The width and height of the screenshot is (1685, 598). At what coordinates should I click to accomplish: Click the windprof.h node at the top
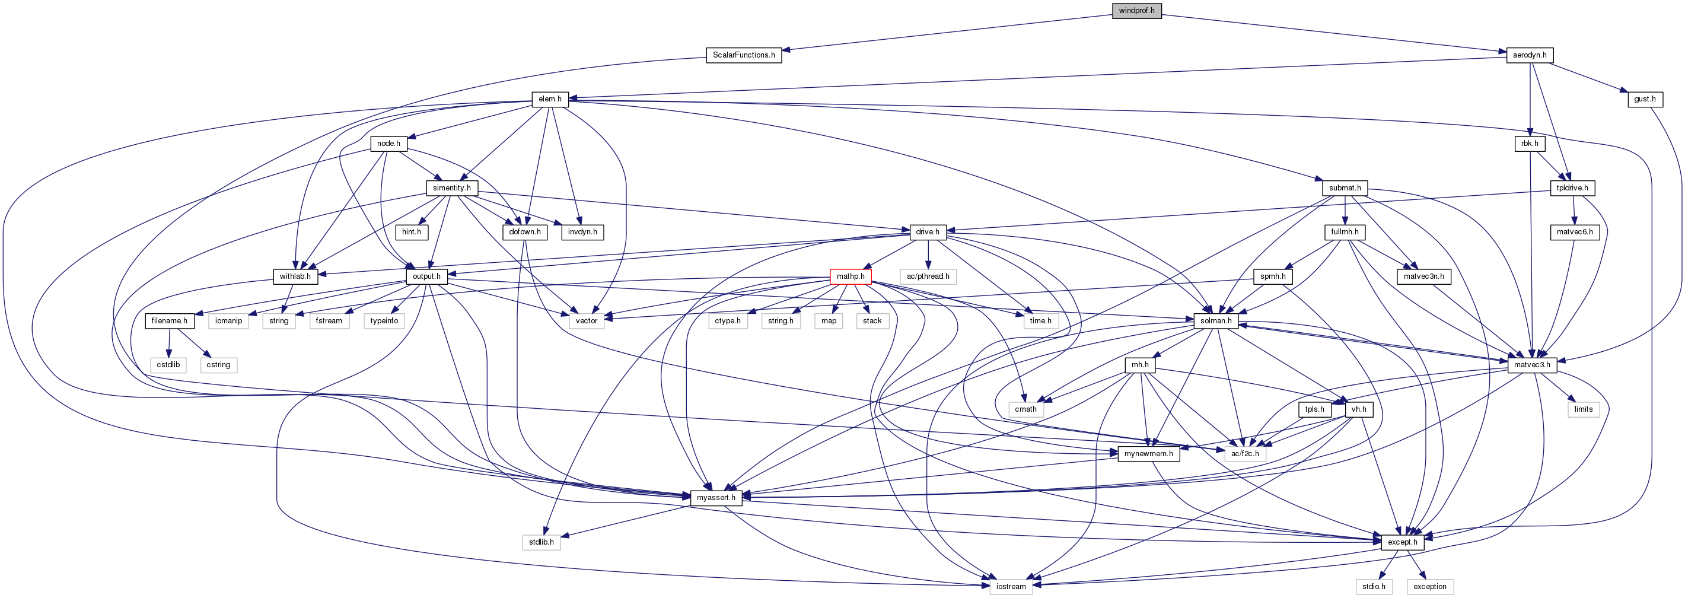coord(1136,11)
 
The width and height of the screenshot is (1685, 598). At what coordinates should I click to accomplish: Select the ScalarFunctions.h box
coord(744,55)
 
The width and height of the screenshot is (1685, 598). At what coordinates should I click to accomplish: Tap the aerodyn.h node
coord(1530,55)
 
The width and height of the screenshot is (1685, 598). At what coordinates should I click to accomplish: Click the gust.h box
coord(1645,100)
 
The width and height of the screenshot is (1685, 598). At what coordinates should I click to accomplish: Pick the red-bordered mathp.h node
coord(851,276)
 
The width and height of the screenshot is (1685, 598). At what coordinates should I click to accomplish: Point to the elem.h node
coord(549,100)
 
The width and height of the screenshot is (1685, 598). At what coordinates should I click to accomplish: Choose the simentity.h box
coord(451,188)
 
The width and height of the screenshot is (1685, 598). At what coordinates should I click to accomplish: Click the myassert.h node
coord(716,498)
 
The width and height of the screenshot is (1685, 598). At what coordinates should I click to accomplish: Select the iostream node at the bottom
coord(1011,586)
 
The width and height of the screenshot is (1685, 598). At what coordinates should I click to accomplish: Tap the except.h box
coord(1403,542)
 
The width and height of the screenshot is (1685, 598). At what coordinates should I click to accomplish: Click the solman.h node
coord(1215,320)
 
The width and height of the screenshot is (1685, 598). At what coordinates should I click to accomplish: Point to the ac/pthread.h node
coord(928,276)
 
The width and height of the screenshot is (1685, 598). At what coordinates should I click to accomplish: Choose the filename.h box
coord(169,320)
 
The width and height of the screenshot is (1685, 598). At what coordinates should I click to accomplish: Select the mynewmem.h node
coord(1148,453)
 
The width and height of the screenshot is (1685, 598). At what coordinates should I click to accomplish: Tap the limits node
coord(1583,409)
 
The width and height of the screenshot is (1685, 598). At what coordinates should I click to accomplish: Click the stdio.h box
coord(1374,586)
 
